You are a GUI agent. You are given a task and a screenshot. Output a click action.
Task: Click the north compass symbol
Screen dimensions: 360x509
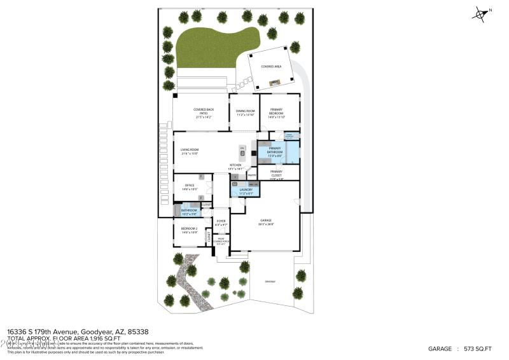481,13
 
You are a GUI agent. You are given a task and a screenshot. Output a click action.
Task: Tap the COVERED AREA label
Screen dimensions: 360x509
272,66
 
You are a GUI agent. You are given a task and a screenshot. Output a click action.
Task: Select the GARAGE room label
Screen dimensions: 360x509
265,220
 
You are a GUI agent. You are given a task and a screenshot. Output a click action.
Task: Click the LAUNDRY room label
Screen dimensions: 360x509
246,190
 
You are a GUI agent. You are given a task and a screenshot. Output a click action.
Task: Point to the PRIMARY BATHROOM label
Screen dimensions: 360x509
275,150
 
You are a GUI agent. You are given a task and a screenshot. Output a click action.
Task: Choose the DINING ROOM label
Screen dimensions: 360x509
246,111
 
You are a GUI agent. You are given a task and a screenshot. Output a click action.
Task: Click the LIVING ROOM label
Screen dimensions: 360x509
190,149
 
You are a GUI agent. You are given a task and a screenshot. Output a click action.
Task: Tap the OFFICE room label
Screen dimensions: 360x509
190,186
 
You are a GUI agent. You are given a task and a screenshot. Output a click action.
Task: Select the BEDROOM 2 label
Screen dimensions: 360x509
190,228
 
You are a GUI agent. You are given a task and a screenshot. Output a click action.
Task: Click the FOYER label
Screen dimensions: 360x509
221,221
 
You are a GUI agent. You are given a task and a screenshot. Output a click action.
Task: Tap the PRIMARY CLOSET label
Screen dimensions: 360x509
276,172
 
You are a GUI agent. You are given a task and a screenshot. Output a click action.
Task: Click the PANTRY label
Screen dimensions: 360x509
251,176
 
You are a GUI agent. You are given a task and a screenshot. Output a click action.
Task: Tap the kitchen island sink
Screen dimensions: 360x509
242,153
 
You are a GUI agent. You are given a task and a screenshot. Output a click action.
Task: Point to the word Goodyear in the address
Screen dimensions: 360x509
96,331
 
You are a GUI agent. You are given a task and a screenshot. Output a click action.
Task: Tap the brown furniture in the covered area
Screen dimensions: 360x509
275,82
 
